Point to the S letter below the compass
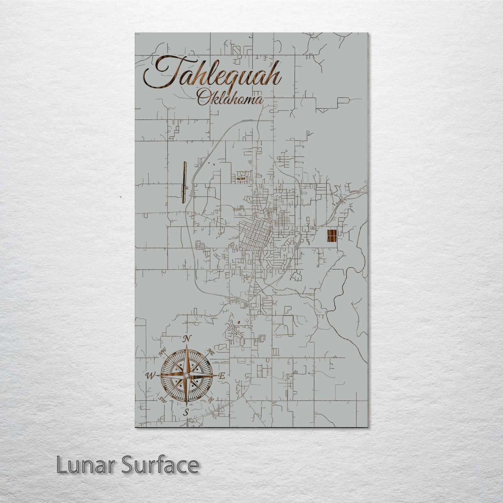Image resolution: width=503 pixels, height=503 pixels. (x=186, y=412)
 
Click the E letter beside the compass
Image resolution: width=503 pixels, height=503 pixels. (x=223, y=376)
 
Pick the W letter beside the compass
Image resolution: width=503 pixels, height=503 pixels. (x=150, y=376)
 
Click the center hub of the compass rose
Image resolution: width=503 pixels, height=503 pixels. (x=187, y=376)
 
